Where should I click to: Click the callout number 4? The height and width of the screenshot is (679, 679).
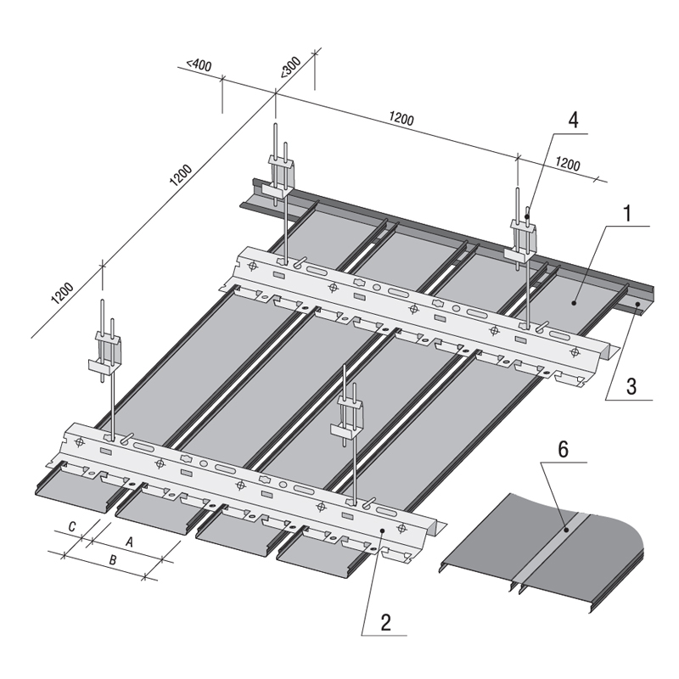coord(573,120)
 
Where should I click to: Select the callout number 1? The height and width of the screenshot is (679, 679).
coord(627,214)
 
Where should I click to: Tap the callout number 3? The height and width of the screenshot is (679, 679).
coord(631,386)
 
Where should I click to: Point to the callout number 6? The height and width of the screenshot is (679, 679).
coord(563,449)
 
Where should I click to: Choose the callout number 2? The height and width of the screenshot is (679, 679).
coord(386,622)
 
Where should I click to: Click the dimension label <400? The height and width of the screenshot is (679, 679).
coord(199,65)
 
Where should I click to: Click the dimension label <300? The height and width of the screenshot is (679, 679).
coord(290,68)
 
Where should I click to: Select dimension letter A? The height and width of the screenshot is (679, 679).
coord(129,542)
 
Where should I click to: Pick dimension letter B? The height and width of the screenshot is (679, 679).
coord(113,560)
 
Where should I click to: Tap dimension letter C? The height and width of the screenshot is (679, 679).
coord(72,526)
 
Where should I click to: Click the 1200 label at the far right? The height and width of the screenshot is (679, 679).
coord(568,164)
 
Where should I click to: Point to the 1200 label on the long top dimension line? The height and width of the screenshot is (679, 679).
coord(401,118)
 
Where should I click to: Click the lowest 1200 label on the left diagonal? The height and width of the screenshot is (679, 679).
coord(62,293)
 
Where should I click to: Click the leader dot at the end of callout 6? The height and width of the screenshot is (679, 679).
coord(566,529)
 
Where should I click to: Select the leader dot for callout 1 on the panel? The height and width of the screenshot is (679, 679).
coord(575,303)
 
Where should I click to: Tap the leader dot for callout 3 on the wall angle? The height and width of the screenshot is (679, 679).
coord(637,305)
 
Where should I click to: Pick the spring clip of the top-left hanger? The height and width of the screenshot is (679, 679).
coord(281,177)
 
